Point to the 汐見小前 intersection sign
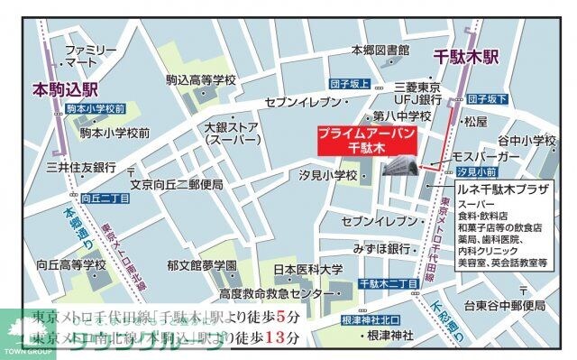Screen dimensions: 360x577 pos(476,171)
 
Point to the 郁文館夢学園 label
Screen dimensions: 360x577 pos(202,266)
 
